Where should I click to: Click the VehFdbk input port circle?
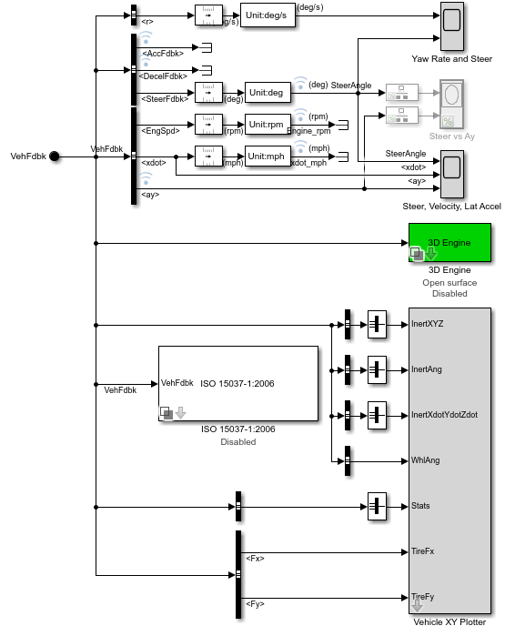pyautogui.click(x=55, y=156)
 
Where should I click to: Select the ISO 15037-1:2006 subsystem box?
pyautogui.click(x=238, y=383)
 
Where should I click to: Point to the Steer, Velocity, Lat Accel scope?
pyautogui.click(x=451, y=175)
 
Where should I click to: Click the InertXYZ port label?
pyautogui.click(x=429, y=323)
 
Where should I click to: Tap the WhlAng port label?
pyautogui.click(x=425, y=460)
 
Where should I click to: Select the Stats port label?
pyautogui.click(x=420, y=505)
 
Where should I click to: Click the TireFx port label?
pyautogui.click(x=423, y=551)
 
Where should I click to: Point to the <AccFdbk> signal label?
pyautogui.click(x=163, y=53)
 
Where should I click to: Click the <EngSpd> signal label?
pyautogui.click(x=161, y=130)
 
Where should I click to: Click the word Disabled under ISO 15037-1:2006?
pyautogui.click(x=237, y=442)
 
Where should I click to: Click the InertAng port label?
pyautogui.click(x=427, y=368)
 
